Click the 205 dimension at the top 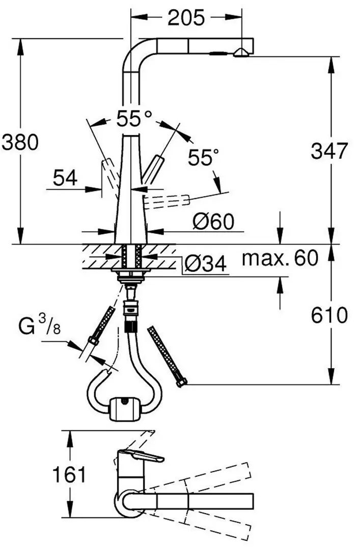click(x=186, y=18)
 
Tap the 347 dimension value click(x=329, y=151)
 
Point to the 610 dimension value click(x=329, y=315)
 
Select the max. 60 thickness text click(x=280, y=259)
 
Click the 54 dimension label click(x=65, y=178)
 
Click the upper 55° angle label click(x=134, y=119)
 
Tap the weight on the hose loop click(x=125, y=407)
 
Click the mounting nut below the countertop click(x=131, y=277)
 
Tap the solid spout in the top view click(x=204, y=500)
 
